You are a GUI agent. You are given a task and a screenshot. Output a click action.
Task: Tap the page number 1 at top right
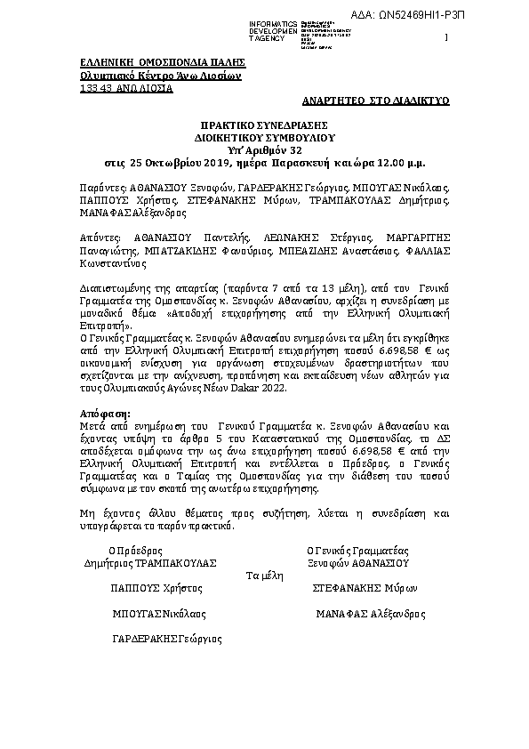445,37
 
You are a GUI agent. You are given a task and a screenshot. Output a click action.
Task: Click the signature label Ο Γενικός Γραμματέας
356,551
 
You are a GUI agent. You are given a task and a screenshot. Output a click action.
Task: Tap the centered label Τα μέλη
264,576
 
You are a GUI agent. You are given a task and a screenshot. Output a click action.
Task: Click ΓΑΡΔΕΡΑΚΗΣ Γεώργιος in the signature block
167,639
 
